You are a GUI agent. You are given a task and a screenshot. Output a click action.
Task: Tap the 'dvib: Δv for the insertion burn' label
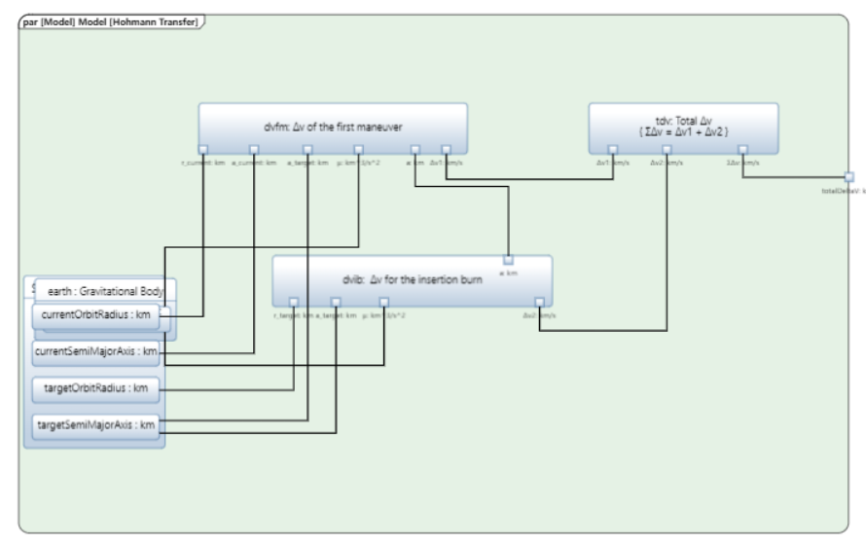[412, 279]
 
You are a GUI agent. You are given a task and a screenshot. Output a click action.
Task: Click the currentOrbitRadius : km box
[95, 316]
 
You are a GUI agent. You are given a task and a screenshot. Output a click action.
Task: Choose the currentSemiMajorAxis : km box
[95, 351]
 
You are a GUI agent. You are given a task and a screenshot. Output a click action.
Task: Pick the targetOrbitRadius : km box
[95, 388]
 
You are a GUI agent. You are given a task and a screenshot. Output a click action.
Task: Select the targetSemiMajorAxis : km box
[95, 424]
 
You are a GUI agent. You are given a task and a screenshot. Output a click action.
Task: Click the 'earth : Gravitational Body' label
[105, 290]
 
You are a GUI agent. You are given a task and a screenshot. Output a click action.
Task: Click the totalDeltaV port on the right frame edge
[848, 177]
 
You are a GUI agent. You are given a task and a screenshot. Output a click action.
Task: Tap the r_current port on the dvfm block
[203, 149]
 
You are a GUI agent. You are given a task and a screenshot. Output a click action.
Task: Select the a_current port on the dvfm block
[253, 149]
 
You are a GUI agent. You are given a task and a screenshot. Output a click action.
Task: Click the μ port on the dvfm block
[358, 149]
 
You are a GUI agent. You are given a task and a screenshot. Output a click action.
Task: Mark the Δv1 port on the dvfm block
[446, 149]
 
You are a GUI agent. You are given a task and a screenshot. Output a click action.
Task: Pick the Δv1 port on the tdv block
[613, 149]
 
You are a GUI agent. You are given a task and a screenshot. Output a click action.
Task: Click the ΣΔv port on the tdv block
[741, 149]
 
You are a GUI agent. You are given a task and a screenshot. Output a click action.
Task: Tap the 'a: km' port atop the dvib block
[508, 260]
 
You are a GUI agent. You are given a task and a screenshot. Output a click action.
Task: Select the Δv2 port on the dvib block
[539, 302]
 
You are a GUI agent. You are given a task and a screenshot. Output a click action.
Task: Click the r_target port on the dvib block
[294, 302]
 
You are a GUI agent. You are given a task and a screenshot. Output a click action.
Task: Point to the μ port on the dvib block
[383, 302]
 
